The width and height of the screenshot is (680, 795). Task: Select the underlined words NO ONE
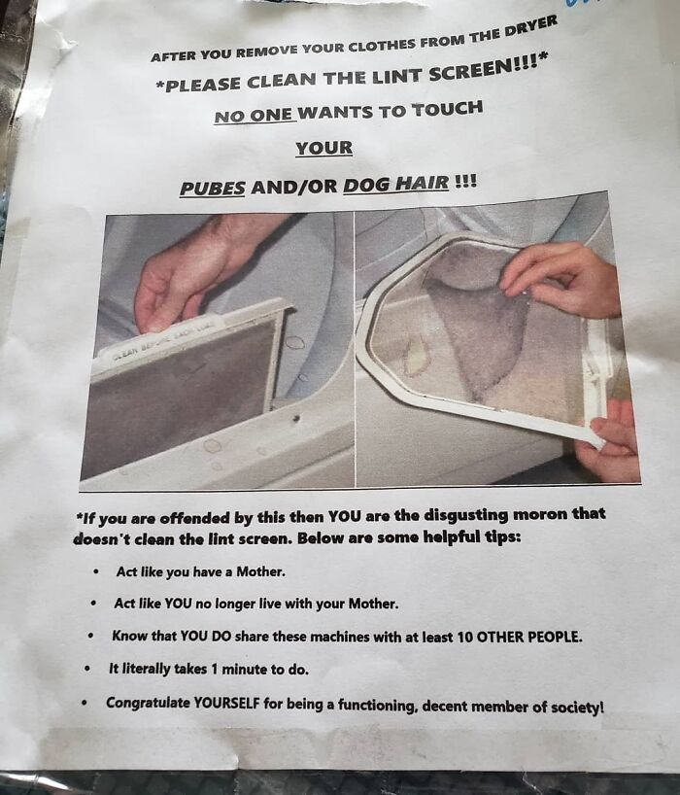coord(254,116)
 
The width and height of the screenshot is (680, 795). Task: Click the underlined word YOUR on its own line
coord(323,148)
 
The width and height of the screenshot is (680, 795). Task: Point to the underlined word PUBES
coord(213,189)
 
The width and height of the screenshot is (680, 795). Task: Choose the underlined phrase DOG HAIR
coord(396,184)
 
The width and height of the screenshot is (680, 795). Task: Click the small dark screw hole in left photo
coord(296,419)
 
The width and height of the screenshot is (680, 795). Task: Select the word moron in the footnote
coord(540,514)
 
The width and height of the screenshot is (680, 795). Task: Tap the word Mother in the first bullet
coord(260,571)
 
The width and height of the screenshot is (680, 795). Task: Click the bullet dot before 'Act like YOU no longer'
coord(93,604)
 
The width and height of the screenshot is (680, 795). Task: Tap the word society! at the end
coord(577,707)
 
